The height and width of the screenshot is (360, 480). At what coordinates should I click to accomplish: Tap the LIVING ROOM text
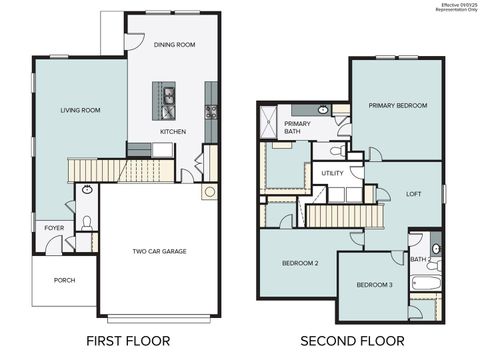tap(80, 111)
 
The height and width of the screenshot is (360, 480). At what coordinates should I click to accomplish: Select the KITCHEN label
tap(173, 131)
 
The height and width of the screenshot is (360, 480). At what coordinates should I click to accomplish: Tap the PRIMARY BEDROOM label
tap(397, 106)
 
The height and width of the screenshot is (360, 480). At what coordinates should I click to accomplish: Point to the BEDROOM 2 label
tap(301, 263)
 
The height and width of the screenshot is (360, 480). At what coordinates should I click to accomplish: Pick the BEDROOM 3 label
tap(375, 286)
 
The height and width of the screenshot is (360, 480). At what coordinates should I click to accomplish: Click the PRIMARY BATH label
tap(298, 127)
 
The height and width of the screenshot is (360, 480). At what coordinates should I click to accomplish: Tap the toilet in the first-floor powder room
tap(87, 222)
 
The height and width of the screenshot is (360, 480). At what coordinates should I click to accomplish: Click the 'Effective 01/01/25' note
tap(456, 5)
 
